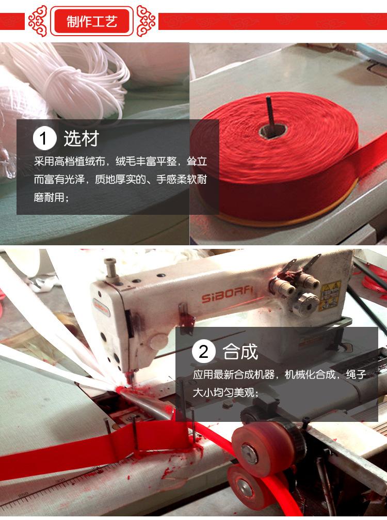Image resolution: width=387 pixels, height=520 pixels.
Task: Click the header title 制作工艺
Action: [x=92, y=21]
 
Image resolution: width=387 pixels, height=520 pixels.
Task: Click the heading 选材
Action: [x=81, y=139]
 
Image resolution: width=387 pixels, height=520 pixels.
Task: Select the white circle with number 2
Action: [x=203, y=352]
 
